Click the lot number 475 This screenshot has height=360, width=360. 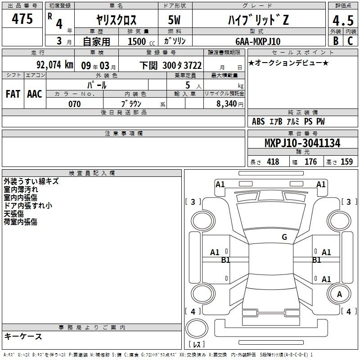coord(22,18)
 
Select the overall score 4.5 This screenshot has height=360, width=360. coord(343,20)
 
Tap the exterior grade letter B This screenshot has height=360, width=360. coord(336,41)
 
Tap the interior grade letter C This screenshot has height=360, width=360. coord(350,41)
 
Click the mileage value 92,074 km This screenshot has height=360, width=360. coord(55,65)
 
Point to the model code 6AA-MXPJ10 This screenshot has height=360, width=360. coord(258,41)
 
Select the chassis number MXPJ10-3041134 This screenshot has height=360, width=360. coord(302,143)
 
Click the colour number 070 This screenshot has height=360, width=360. coord(75,104)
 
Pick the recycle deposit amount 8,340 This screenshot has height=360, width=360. coord(226,104)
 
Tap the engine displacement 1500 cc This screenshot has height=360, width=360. coord(141,41)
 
